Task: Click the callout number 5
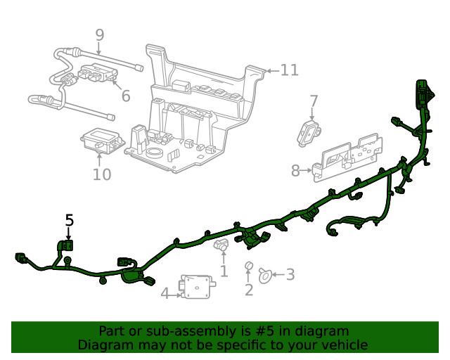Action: coord(69,220)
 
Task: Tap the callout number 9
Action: coord(99,34)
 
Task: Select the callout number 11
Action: coord(289,70)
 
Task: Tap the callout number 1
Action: coord(224,271)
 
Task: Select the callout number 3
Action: coord(290,275)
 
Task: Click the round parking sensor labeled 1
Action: coord(221,246)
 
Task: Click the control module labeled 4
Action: coord(198,288)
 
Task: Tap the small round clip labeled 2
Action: coord(248,266)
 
